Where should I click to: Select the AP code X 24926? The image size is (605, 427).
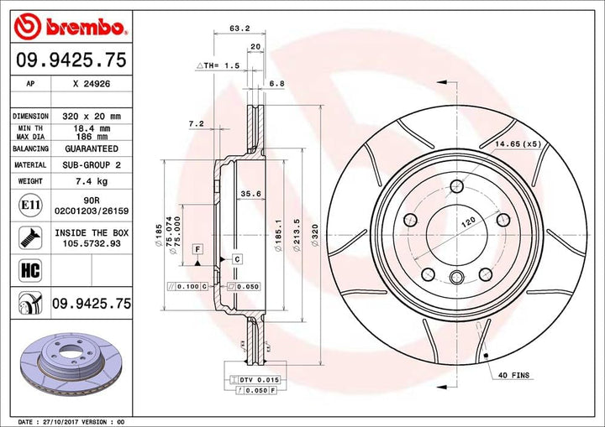click(92, 84)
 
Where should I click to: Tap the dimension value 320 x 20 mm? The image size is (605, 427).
click(92, 116)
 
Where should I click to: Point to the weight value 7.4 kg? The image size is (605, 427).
click(92, 180)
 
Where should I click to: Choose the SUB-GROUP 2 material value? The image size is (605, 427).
click(92, 165)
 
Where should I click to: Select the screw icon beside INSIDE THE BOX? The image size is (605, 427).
click(29, 237)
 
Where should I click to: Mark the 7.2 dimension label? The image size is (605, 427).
click(196, 123)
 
